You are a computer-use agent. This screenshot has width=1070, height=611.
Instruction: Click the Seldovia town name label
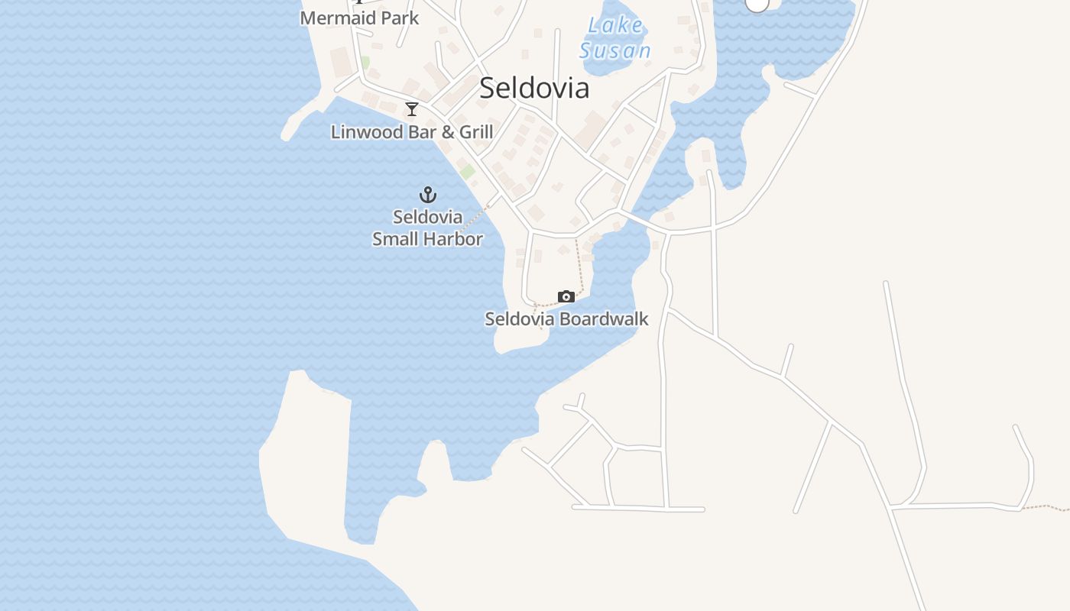(534, 88)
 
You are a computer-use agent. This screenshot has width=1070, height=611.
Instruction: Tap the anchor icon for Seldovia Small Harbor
(428, 195)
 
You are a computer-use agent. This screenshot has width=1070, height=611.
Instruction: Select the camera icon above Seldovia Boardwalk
(566, 296)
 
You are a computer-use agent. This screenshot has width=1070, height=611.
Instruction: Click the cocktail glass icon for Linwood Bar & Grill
(412, 109)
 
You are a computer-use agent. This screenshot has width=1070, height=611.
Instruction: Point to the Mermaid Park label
(359, 18)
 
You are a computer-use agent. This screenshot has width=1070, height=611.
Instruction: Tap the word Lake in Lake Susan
(615, 25)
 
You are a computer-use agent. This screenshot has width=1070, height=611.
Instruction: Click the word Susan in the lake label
(615, 51)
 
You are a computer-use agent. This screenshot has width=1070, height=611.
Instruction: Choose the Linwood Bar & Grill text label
(412, 132)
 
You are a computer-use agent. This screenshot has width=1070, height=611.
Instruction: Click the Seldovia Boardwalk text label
(566, 318)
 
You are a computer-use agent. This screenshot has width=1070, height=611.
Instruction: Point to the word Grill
(475, 132)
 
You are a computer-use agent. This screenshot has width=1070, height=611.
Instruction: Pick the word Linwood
(366, 132)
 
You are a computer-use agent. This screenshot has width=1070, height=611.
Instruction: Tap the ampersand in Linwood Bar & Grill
(446, 132)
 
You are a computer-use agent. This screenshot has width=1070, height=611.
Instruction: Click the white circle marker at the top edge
(757, 3)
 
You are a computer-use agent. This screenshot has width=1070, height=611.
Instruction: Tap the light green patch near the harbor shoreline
(467, 172)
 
